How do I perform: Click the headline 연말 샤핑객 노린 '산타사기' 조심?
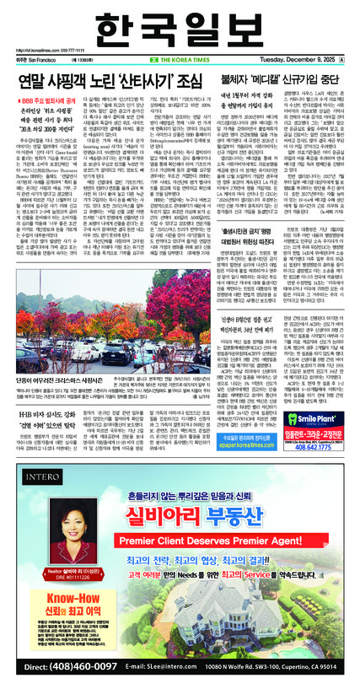(x=107, y=83)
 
